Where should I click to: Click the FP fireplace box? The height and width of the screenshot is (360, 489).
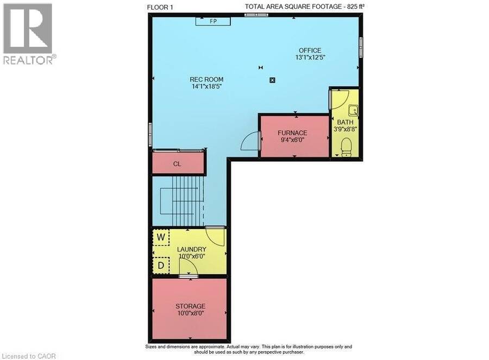tap(213, 21)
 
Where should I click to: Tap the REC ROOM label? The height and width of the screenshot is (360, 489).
tap(206, 79)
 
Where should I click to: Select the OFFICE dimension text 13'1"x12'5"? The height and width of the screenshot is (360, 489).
tap(310, 58)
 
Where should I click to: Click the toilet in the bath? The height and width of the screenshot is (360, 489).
tap(346, 148)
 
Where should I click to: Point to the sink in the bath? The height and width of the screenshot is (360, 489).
tap(353, 110)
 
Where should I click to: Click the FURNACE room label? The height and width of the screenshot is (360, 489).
tap(292, 133)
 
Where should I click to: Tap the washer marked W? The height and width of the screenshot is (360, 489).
tap(161, 237)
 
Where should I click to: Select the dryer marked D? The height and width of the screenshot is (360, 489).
tap(161, 265)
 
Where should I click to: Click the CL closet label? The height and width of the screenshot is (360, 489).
tap(177, 164)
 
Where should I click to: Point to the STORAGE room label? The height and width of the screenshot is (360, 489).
tap(190, 306)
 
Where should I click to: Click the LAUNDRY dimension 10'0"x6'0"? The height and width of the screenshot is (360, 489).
tap(192, 256)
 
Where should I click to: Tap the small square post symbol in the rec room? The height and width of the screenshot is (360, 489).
tap(272, 80)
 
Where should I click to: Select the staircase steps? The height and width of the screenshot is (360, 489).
tap(186, 201)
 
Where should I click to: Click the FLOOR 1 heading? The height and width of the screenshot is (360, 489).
tap(160, 7)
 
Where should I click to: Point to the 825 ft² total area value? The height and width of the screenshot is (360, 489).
tap(356, 7)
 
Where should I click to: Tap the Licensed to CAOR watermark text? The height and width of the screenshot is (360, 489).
tap(29, 356)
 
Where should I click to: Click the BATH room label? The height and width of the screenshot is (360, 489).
tap(345, 122)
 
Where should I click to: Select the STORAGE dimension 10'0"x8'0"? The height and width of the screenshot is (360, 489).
tap(191, 313)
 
